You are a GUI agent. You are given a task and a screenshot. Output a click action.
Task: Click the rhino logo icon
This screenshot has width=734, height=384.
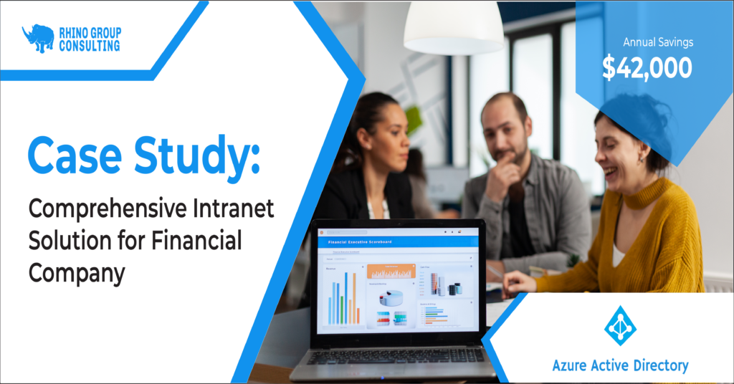click(x=38, y=38)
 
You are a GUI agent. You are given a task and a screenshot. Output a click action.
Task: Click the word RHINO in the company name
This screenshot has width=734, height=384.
click(x=74, y=32)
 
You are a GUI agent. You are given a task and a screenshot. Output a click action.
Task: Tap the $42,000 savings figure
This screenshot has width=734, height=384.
click(x=647, y=68)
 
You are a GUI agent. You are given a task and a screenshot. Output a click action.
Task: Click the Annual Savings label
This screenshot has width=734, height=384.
click(x=648, y=42)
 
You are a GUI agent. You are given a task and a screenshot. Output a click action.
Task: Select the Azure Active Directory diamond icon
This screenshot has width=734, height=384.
click(x=620, y=326)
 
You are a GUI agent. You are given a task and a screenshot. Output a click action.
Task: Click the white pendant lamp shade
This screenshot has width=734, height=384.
click(x=454, y=29)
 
